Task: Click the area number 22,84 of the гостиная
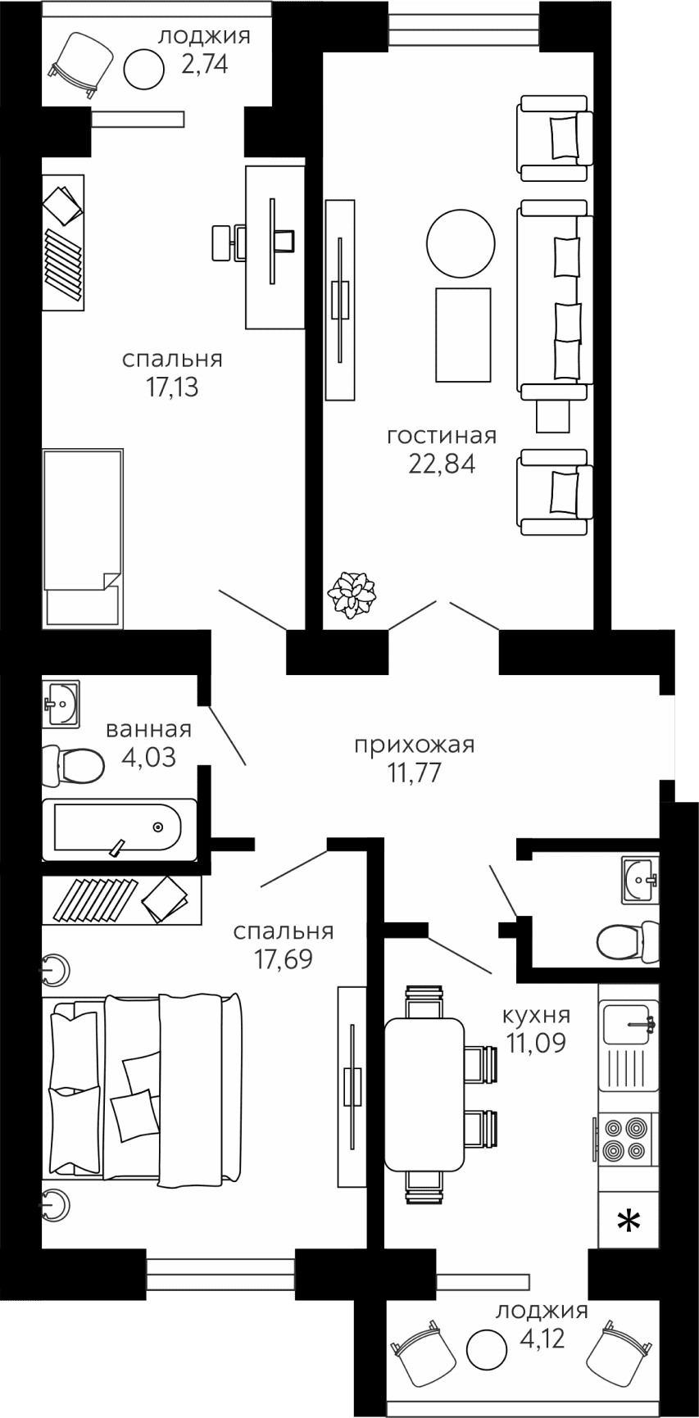(x=442, y=464)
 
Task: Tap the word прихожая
(x=415, y=745)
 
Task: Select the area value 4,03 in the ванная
(x=148, y=757)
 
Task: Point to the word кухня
(x=537, y=1016)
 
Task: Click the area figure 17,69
(x=283, y=958)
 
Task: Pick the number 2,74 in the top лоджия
(x=204, y=64)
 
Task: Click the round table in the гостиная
(x=461, y=243)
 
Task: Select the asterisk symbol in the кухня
(x=629, y=1224)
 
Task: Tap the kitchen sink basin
(x=629, y=1022)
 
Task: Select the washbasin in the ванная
(x=61, y=703)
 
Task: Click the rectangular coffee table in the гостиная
(x=463, y=334)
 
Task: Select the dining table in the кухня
(x=424, y=1094)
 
